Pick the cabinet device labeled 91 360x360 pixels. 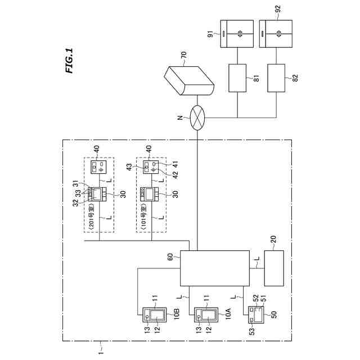237,35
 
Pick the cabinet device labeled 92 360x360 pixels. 276,35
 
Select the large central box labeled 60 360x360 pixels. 214,268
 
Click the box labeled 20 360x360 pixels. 273,268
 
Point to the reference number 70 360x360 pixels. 183,56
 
